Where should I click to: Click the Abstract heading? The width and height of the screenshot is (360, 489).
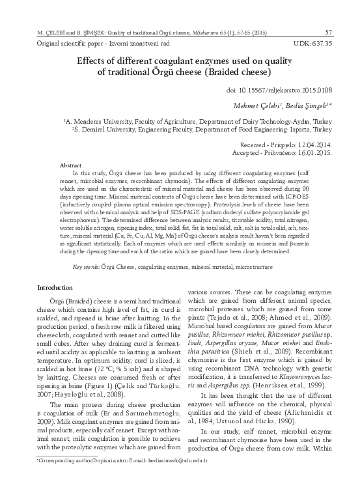[x=70, y=166]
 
